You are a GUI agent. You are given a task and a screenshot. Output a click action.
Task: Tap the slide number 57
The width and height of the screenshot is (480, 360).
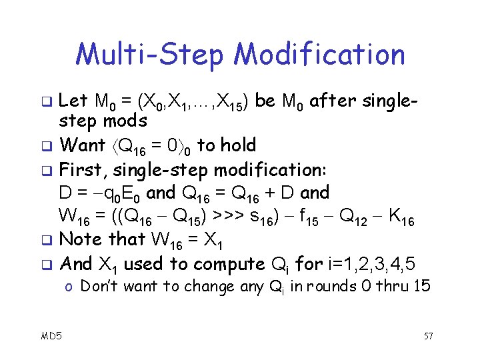tap(428, 336)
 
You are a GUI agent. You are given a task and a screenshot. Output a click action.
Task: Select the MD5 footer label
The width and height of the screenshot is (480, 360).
tap(51, 336)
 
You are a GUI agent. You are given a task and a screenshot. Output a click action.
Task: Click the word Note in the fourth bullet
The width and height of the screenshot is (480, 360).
tap(80, 239)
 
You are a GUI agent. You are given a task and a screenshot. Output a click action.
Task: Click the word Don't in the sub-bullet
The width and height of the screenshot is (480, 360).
tap(101, 287)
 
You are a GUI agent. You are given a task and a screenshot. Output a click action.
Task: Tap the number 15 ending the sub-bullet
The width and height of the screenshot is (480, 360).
tap(423, 287)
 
